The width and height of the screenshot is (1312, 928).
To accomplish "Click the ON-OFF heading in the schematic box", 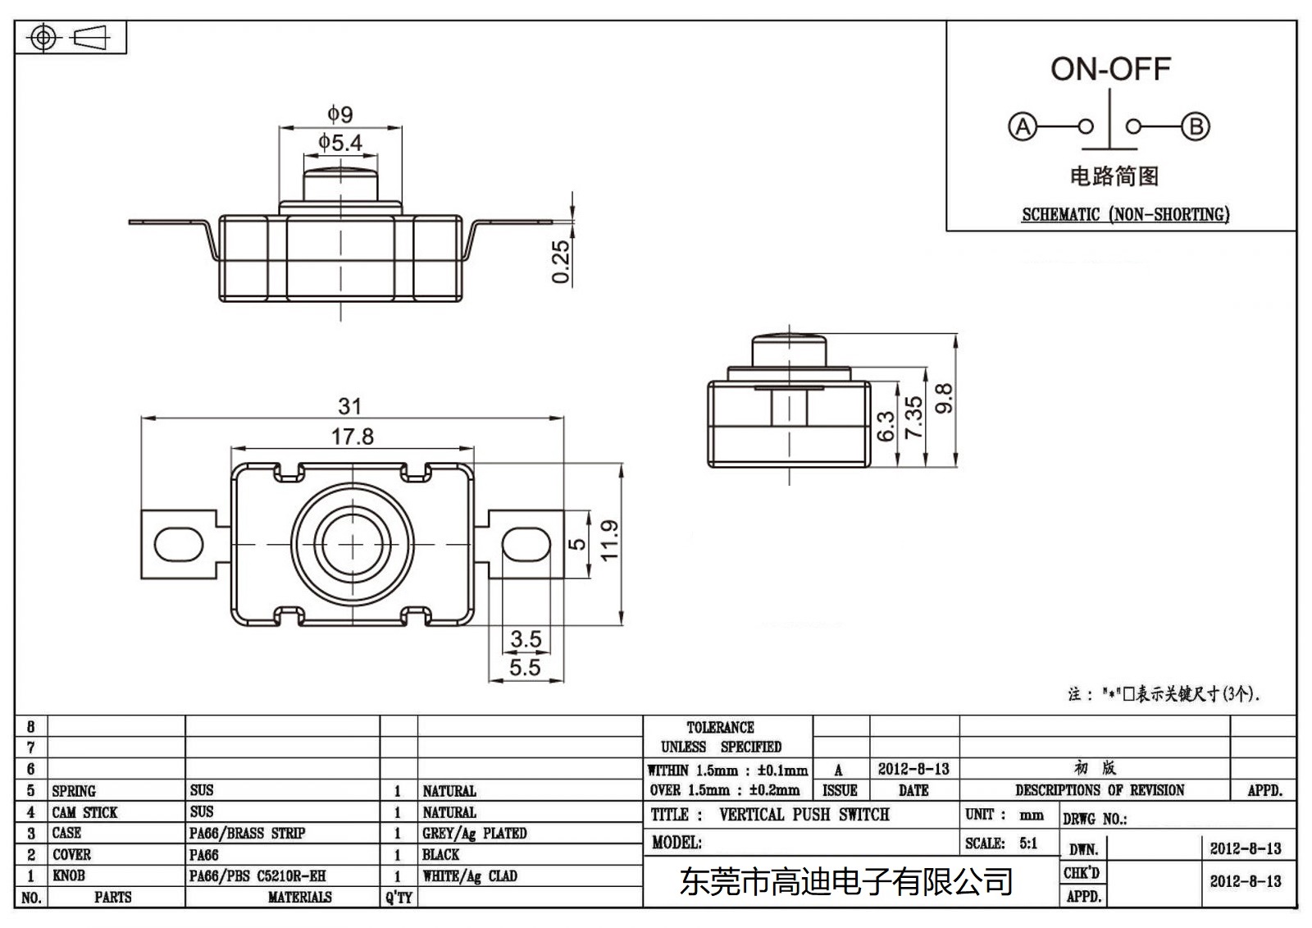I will coord(1110,69).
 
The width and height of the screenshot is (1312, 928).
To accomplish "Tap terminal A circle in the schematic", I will coord(1023,127).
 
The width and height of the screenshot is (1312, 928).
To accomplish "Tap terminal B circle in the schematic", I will coord(1196,127).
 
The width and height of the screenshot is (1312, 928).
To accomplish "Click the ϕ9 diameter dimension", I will coord(339,114).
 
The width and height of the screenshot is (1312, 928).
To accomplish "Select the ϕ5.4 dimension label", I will coord(340,143).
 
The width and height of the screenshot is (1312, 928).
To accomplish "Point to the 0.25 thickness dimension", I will coord(561,262).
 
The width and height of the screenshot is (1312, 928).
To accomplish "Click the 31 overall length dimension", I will coord(350,406).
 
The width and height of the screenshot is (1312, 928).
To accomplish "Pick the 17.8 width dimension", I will coord(353,437).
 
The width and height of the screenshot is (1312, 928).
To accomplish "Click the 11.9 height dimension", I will coord(609,542).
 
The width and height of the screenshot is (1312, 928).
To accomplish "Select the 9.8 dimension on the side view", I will coord(944,399).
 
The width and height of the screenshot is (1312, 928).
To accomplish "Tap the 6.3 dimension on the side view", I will coord(886,427).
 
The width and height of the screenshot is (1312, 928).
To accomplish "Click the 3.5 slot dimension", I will coord(526,638).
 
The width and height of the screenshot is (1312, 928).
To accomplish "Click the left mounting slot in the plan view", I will coord(179,544).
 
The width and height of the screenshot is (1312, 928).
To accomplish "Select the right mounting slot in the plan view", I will coord(526,544).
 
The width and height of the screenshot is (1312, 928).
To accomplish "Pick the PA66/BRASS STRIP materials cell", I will coord(247,834).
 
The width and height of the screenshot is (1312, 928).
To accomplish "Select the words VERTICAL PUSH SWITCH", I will coord(804,815).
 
